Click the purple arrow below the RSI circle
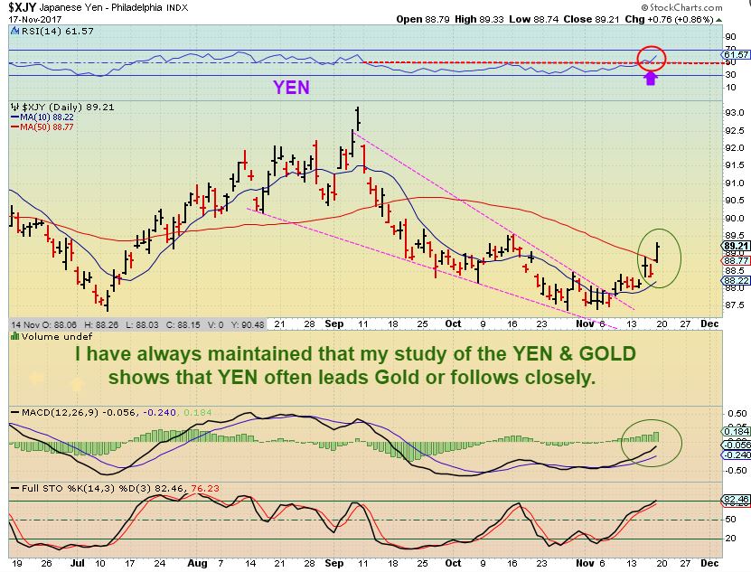[x=649, y=78]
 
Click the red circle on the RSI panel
[x=652, y=57]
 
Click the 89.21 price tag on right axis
[x=733, y=245]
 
